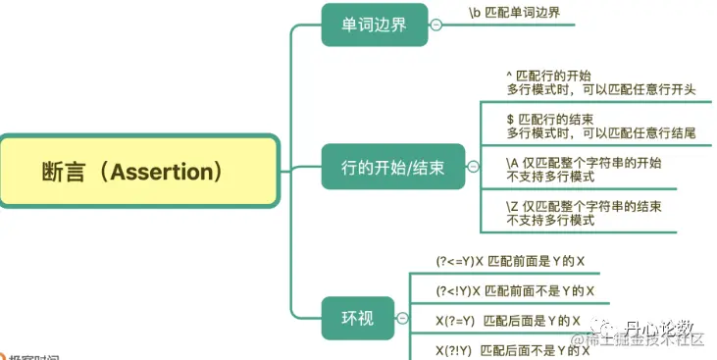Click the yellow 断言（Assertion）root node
point(137,172)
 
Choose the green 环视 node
point(357,318)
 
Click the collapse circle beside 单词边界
point(435,26)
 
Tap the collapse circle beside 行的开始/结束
point(473,167)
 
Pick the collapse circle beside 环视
point(402,318)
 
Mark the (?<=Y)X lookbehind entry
point(511,262)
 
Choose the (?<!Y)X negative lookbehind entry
point(515,291)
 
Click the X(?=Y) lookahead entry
point(508,321)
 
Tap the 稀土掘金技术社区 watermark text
point(652,339)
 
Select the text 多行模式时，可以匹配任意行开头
point(601,89)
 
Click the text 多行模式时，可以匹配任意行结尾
point(601,132)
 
